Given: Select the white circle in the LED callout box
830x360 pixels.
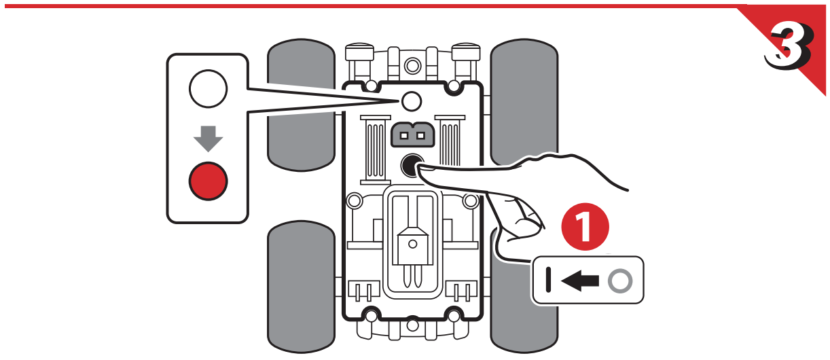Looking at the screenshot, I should [208, 89].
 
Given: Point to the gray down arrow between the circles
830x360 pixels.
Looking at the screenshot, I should [208, 137].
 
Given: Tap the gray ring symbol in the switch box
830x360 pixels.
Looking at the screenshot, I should [619, 280].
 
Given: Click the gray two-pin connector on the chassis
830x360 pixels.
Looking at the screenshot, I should [412, 135].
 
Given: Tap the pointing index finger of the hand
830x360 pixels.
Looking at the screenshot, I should [462, 177].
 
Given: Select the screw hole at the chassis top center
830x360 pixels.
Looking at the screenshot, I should [412, 66].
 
